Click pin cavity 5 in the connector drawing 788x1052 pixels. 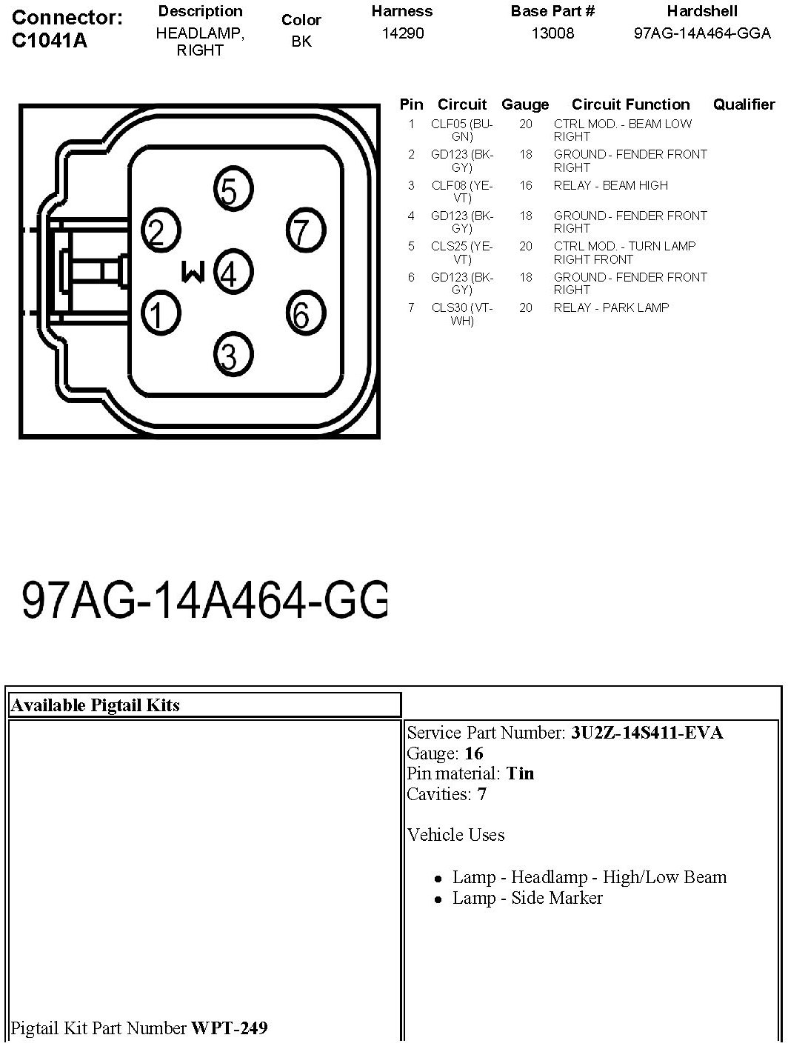tap(233, 190)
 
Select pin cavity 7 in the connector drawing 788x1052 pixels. tap(304, 232)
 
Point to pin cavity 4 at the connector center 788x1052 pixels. tap(233, 273)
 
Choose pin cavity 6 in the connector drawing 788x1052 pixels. tap(304, 314)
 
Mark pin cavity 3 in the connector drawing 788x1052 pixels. tap(233, 356)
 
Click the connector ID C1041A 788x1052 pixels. tap(50, 41)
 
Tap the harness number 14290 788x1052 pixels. tap(402, 33)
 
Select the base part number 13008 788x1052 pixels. tap(552, 33)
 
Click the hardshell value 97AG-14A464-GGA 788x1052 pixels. tap(702, 33)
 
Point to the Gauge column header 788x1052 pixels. tap(525, 104)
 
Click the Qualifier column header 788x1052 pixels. tap(744, 104)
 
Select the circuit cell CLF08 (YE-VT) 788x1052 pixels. tap(461, 192)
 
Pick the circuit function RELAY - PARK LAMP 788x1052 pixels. tap(611, 307)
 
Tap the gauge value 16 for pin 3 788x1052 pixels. tap(525, 185)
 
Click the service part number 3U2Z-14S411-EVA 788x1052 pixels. tap(647, 733)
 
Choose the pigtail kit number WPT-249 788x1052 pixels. tap(230, 1028)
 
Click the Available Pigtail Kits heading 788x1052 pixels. tap(96, 705)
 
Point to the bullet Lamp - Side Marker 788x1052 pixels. tap(527, 898)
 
